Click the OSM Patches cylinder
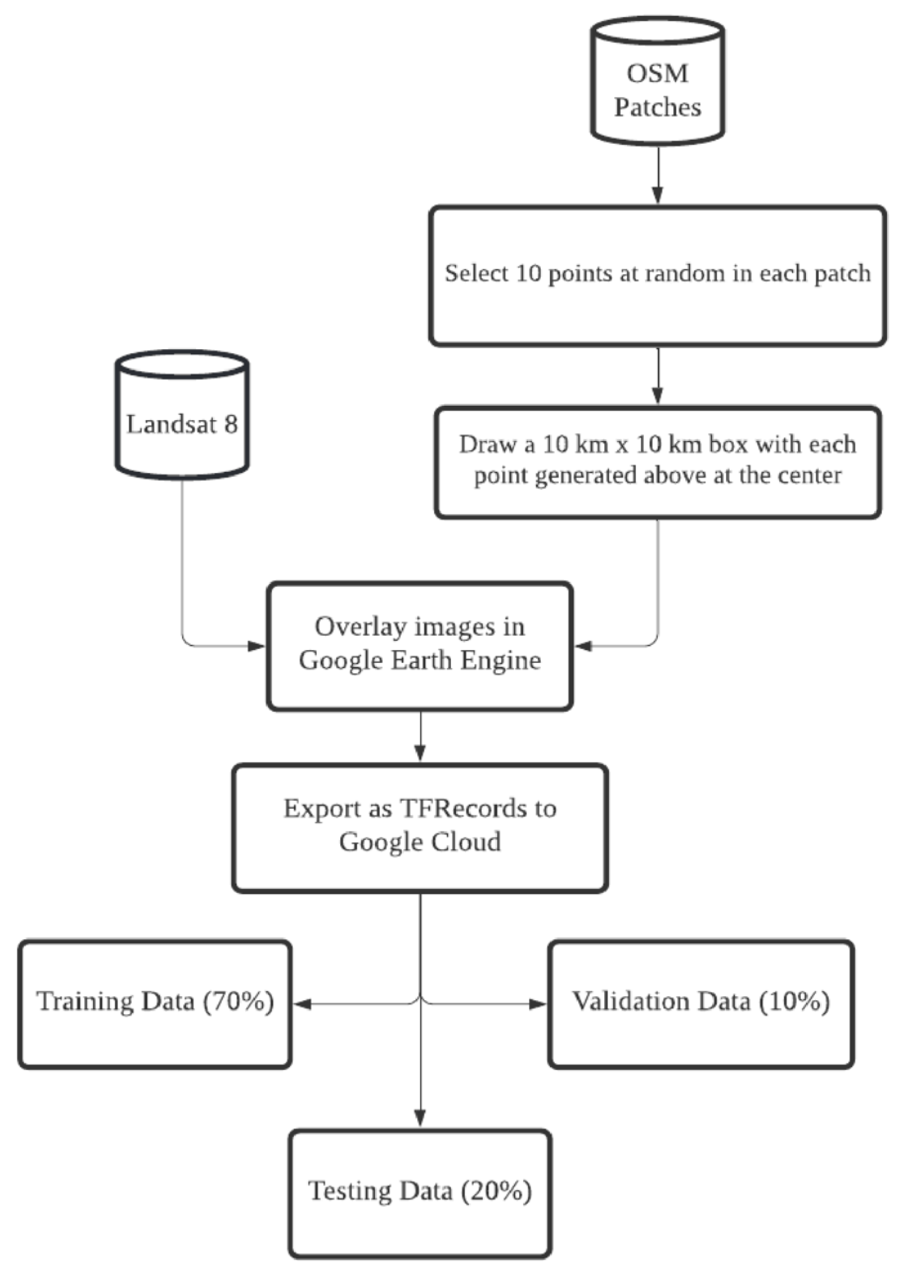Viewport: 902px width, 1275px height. (657, 81)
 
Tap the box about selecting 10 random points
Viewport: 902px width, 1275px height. (657, 276)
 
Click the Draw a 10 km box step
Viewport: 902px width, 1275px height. (657, 463)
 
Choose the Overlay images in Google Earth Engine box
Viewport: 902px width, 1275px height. (420, 646)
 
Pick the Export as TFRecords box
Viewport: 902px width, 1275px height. (420, 828)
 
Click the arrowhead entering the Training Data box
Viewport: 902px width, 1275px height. (302, 1004)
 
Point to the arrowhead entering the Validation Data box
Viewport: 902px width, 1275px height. (538, 1004)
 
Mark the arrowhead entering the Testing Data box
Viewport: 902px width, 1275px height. (420, 1118)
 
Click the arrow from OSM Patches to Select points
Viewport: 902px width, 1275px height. (657, 175)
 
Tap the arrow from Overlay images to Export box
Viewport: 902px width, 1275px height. (420, 736)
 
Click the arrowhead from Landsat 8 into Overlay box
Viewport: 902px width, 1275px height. (257, 646)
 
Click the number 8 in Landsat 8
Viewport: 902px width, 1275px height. (230, 424)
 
